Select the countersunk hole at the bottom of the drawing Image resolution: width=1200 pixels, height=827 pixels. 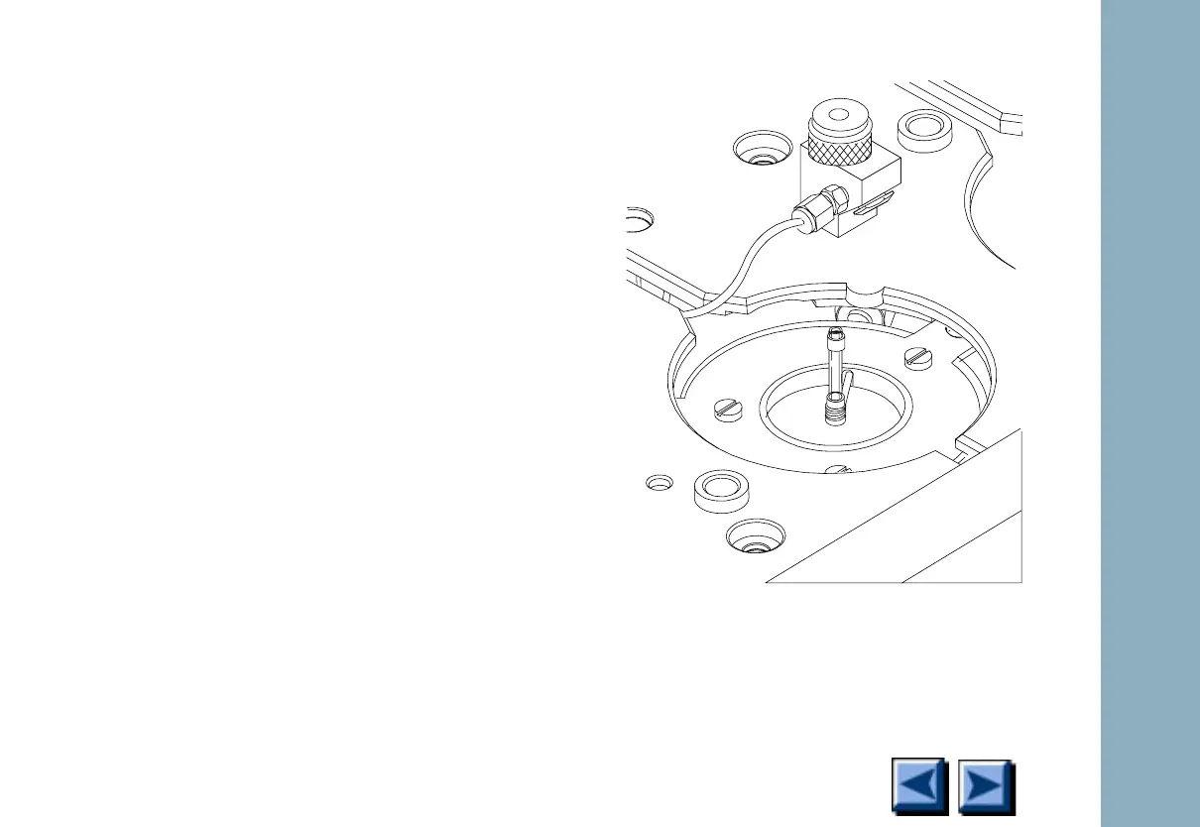(753, 536)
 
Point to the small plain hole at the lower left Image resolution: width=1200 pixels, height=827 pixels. (659, 483)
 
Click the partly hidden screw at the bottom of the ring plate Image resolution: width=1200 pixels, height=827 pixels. (838, 470)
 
